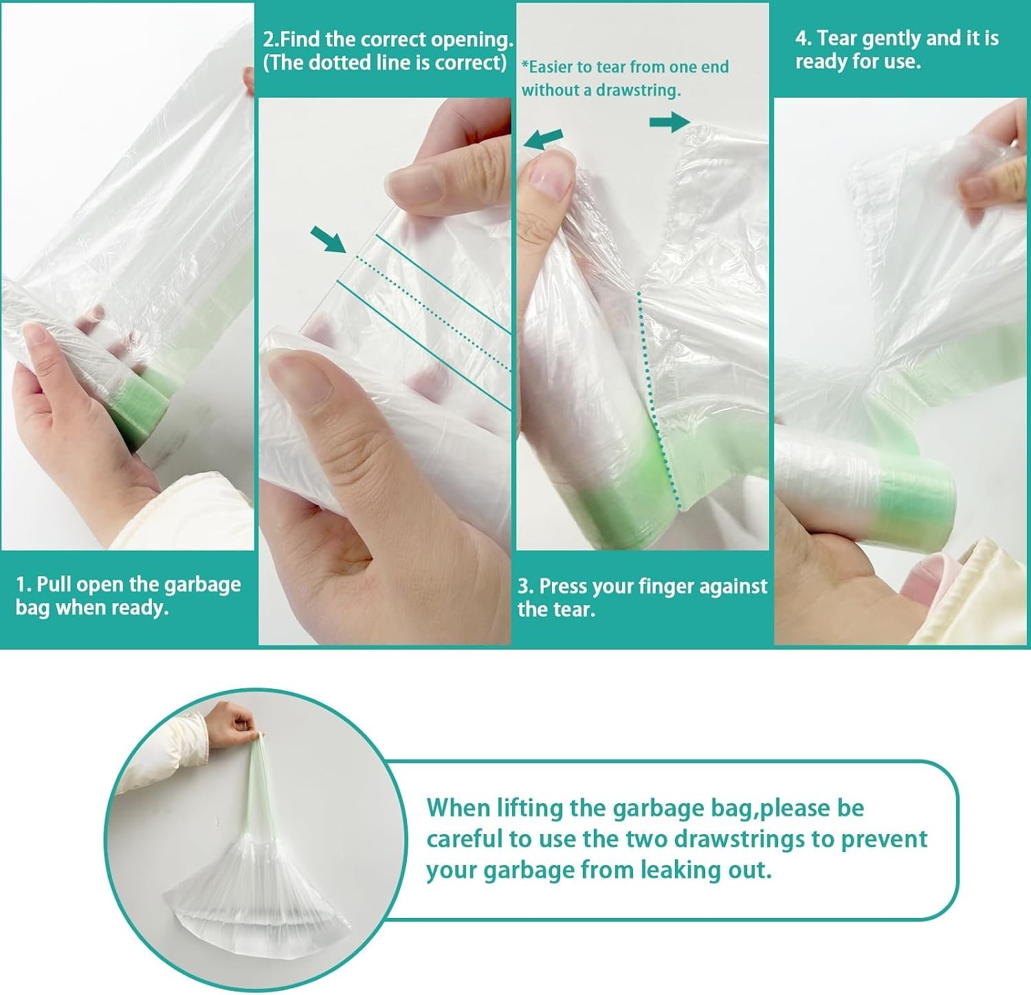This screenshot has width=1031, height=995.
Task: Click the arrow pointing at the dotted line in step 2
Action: pyautogui.click(x=329, y=240)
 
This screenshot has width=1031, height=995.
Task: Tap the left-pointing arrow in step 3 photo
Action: pyautogui.click(x=544, y=139)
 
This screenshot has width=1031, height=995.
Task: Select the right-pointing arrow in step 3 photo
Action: pyautogui.click(x=669, y=122)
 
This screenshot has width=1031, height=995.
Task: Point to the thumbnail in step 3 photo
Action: pyautogui.click(x=553, y=176)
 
